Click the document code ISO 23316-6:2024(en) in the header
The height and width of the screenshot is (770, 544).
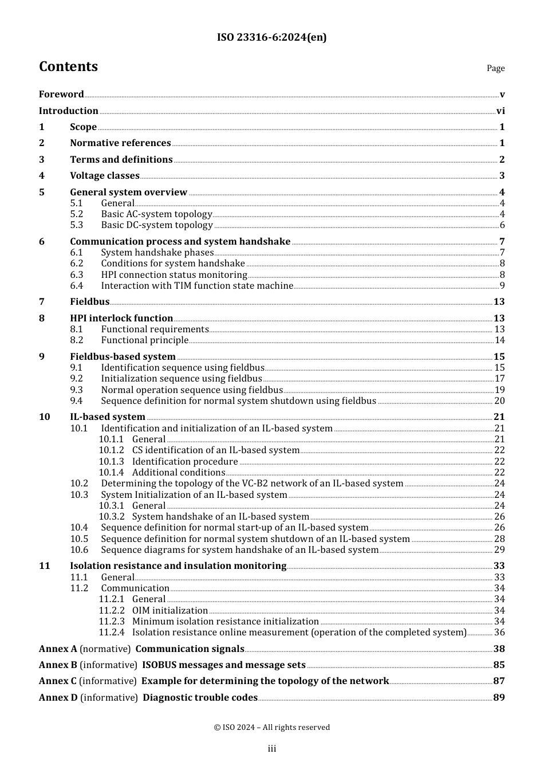pos(271,37)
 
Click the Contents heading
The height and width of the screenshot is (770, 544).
pos(68,66)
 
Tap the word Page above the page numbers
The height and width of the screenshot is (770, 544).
pos(495,68)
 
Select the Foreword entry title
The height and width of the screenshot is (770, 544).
pos(61,95)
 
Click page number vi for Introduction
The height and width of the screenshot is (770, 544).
pos(500,111)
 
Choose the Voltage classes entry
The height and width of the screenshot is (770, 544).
pos(105,176)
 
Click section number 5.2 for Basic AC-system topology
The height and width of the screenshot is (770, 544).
pos(77,214)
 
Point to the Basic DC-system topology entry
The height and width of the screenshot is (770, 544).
pos(157,225)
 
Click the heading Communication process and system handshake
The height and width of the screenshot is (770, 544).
pos(180,242)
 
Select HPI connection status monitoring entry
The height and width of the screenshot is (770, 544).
pos(174,275)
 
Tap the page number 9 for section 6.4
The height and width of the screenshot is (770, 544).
pos(502,286)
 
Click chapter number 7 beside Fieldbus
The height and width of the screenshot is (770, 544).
pos(42,302)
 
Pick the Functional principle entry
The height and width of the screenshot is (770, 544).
pos(145,340)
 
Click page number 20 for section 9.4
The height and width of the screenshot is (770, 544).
pos(499,401)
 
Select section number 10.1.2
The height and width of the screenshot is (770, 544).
pos(111,450)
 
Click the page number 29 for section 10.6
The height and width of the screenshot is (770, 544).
pos(499,550)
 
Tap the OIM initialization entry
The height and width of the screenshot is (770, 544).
pos(170,611)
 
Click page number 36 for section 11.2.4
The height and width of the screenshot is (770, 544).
pos(499,632)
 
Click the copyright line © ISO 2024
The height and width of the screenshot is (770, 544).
pos(271,727)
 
